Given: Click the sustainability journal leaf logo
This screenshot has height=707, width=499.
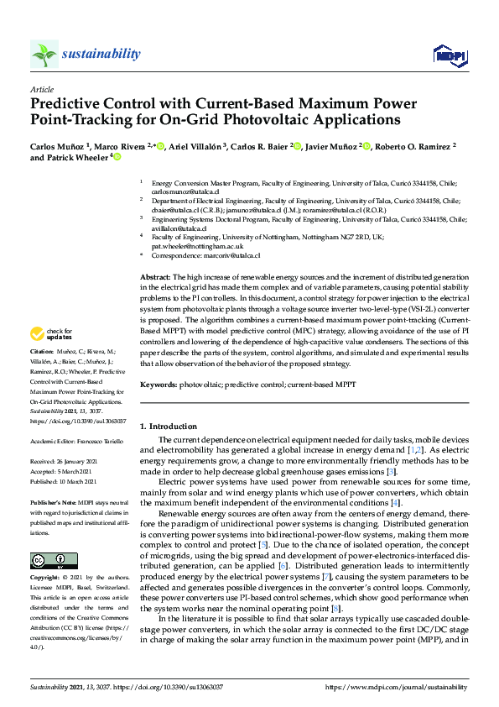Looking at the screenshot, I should coord(44,55).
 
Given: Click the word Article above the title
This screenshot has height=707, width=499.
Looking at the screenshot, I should coord(41,88).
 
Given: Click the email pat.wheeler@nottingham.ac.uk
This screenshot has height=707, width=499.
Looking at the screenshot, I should coord(197,247).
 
